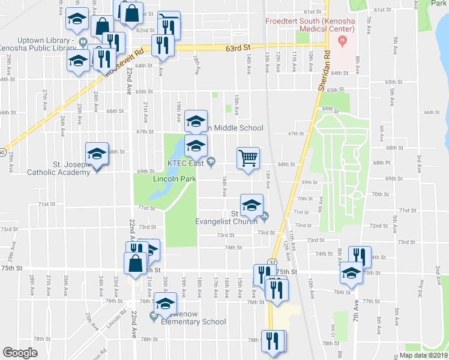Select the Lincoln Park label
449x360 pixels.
coord(174,179)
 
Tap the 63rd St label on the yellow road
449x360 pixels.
coord(238,47)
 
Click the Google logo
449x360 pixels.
coord(20,353)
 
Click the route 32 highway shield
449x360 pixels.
coord(273,262)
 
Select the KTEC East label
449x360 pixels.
coord(187,162)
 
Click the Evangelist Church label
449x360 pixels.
coord(228,221)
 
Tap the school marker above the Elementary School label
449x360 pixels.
coord(165,304)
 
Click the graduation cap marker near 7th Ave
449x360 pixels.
coord(351,273)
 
